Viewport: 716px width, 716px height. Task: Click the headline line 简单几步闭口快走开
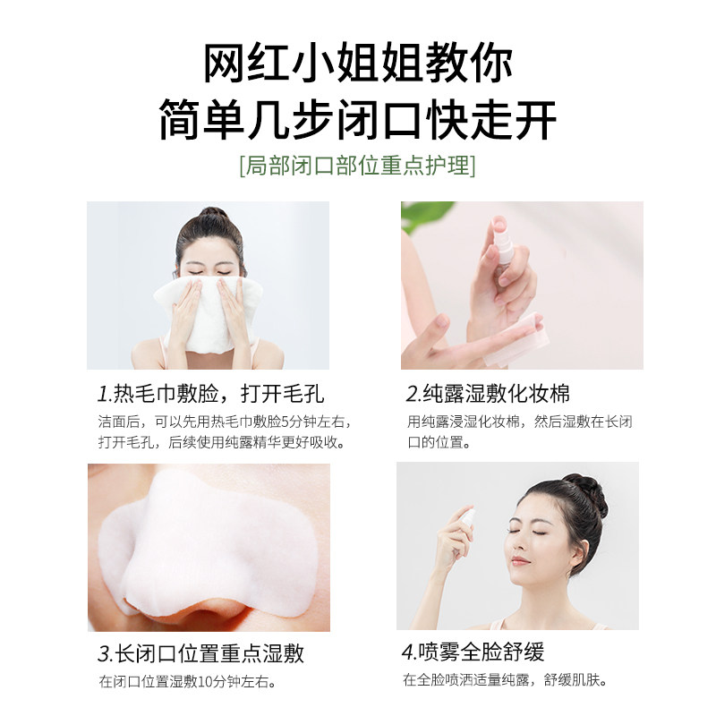(x=358, y=118)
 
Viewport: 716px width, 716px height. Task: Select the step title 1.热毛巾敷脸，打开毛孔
(x=210, y=394)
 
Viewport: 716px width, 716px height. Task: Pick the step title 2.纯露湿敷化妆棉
(x=488, y=394)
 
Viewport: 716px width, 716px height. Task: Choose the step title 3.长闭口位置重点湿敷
(x=201, y=652)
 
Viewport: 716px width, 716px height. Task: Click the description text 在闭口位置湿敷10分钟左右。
(x=186, y=682)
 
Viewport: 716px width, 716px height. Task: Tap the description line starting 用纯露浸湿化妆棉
(x=519, y=422)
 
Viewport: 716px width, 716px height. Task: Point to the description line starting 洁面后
(x=225, y=422)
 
